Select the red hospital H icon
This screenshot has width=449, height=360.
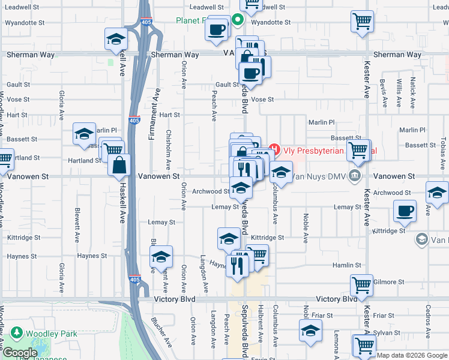[274, 148]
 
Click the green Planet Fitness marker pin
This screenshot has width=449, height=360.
[238, 20]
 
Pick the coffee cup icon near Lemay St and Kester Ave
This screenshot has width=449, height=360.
[405, 211]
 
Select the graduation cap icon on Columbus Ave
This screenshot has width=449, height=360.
[280, 173]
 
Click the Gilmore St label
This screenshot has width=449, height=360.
[388, 281]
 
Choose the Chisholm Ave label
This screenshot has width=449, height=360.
[168, 149]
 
